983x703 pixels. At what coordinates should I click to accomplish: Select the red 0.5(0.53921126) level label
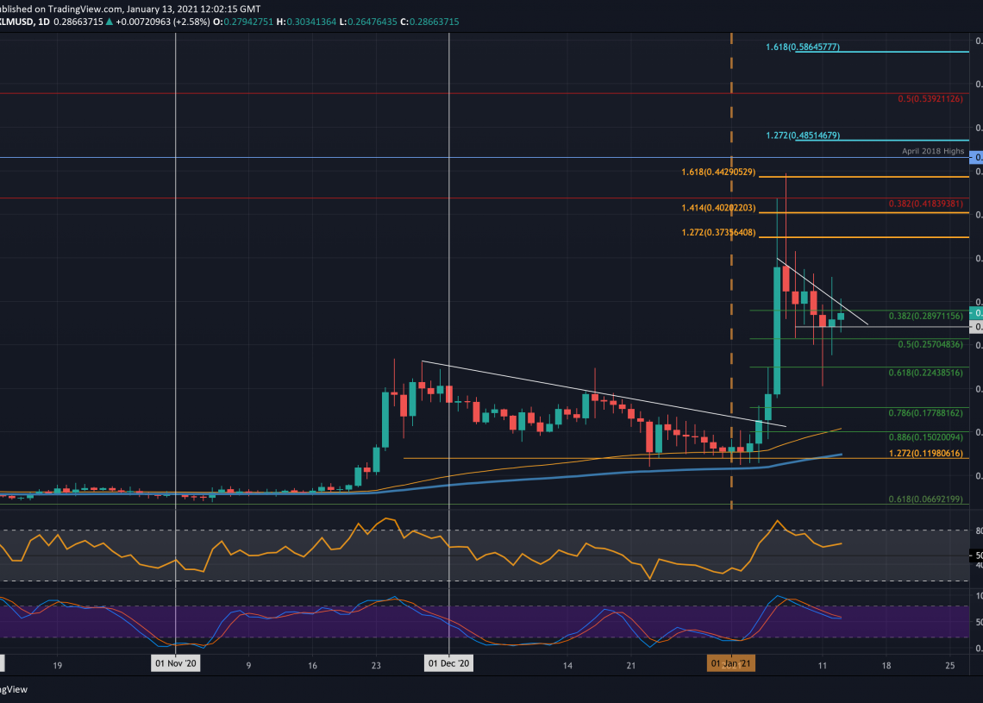pyautogui.click(x=929, y=99)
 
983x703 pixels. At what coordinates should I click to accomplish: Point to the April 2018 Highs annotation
pyautogui.click(x=934, y=150)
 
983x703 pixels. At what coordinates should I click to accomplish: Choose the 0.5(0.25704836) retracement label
pyautogui.click(x=930, y=345)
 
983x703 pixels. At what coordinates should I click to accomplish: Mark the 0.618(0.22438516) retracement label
pyautogui.click(x=925, y=373)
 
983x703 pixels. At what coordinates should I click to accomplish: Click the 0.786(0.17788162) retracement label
pyautogui.click(x=925, y=414)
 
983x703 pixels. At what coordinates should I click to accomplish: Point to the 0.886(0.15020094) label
pyautogui.click(x=925, y=437)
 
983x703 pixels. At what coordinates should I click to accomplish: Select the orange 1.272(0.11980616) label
pyautogui.click(x=925, y=454)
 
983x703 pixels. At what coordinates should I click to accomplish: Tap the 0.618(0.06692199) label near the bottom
pyautogui.click(x=925, y=499)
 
